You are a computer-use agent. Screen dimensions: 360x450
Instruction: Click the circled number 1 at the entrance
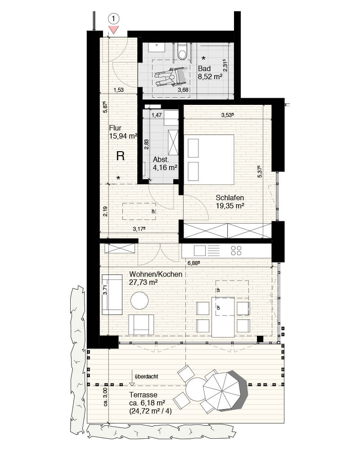tap(114, 19)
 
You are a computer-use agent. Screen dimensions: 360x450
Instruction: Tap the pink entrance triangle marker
tap(114, 29)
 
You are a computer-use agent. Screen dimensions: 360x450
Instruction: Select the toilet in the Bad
tap(182, 51)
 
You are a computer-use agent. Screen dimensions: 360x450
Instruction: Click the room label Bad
tap(204, 68)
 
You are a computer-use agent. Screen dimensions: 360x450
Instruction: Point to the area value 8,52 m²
tap(210, 76)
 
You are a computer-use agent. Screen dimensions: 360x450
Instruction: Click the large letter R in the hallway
tap(121, 156)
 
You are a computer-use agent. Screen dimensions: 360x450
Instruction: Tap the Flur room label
tap(115, 128)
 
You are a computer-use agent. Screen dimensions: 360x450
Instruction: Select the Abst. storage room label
tap(161, 160)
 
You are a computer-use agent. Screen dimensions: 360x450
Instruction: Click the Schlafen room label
tap(229, 198)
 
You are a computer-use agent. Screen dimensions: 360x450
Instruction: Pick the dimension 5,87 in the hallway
tap(105, 107)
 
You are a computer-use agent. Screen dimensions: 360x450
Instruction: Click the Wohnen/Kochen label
tap(156, 274)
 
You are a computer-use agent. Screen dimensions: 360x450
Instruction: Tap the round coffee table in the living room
tap(139, 301)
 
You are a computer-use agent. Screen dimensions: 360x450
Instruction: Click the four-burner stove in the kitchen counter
tap(236, 251)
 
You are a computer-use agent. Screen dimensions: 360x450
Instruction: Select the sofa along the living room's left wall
tap(112, 294)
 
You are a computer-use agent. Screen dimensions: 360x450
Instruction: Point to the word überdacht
tap(146, 377)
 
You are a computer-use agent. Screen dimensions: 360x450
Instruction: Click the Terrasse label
tap(143, 395)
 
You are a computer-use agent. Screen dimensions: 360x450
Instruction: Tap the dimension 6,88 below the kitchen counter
tap(193, 263)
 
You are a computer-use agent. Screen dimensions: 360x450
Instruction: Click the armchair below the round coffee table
tap(141, 324)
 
